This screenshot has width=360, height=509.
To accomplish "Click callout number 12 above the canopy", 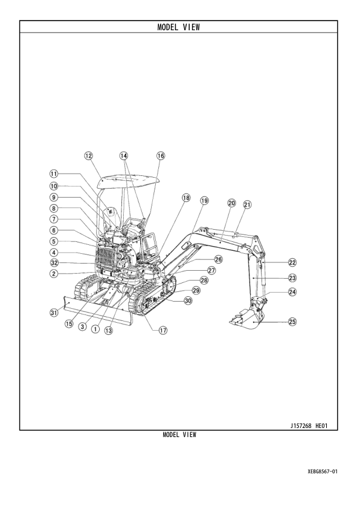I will point(89,155).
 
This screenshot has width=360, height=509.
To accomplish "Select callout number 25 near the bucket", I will point(292,322).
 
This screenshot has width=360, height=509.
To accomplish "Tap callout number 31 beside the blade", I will point(54,313).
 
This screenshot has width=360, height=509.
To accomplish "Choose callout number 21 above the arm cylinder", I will point(247,204).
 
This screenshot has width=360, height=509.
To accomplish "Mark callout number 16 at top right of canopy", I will point(161,155).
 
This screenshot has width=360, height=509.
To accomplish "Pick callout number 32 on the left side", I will point(54,263).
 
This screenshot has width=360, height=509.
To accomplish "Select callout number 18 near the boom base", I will point(185,198).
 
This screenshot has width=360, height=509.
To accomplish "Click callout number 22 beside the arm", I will point(292,263).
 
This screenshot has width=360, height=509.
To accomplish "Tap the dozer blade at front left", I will point(97,309).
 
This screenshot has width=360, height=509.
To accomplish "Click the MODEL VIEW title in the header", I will point(179,27).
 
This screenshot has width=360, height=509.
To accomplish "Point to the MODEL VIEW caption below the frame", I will point(179,435).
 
